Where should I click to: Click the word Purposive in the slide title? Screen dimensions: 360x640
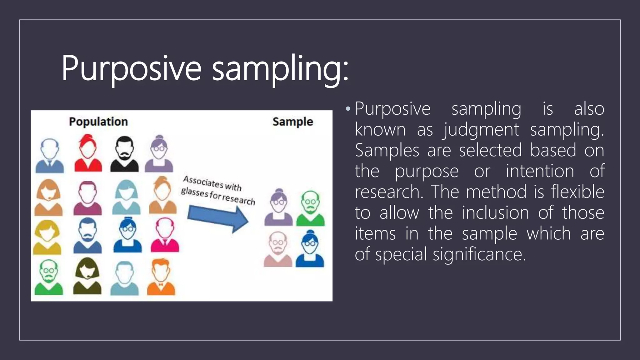pos(131,68)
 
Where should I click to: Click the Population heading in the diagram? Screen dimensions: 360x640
pos(98,122)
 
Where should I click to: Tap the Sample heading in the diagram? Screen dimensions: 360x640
pos(292,122)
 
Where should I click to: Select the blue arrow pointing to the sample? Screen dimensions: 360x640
pos(218,219)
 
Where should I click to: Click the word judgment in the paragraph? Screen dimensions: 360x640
pos(481,129)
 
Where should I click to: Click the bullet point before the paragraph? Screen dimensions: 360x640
pos(348,109)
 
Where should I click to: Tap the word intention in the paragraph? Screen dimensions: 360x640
pos(540,171)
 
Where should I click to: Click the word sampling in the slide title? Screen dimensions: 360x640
pos(280,68)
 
